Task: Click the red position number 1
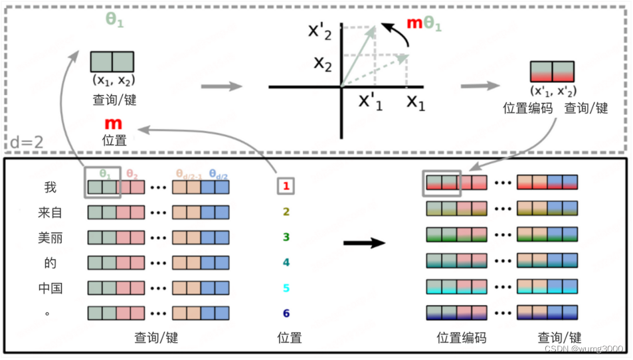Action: [286, 187]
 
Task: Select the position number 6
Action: [286, 314]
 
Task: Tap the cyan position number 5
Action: [286, 288]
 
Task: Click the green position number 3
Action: [286, 237]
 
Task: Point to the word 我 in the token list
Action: [50, 187]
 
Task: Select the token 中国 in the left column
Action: [50, 288]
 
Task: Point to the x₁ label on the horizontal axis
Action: [416, 102]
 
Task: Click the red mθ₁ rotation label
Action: [424, 24]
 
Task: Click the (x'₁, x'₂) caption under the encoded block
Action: [552, 91]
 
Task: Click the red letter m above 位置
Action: [114, 124]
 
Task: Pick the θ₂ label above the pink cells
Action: [133, 175]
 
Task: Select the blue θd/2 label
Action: [217, 175]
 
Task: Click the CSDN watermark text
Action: [583, 349]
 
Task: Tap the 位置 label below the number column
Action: [289, 338]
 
